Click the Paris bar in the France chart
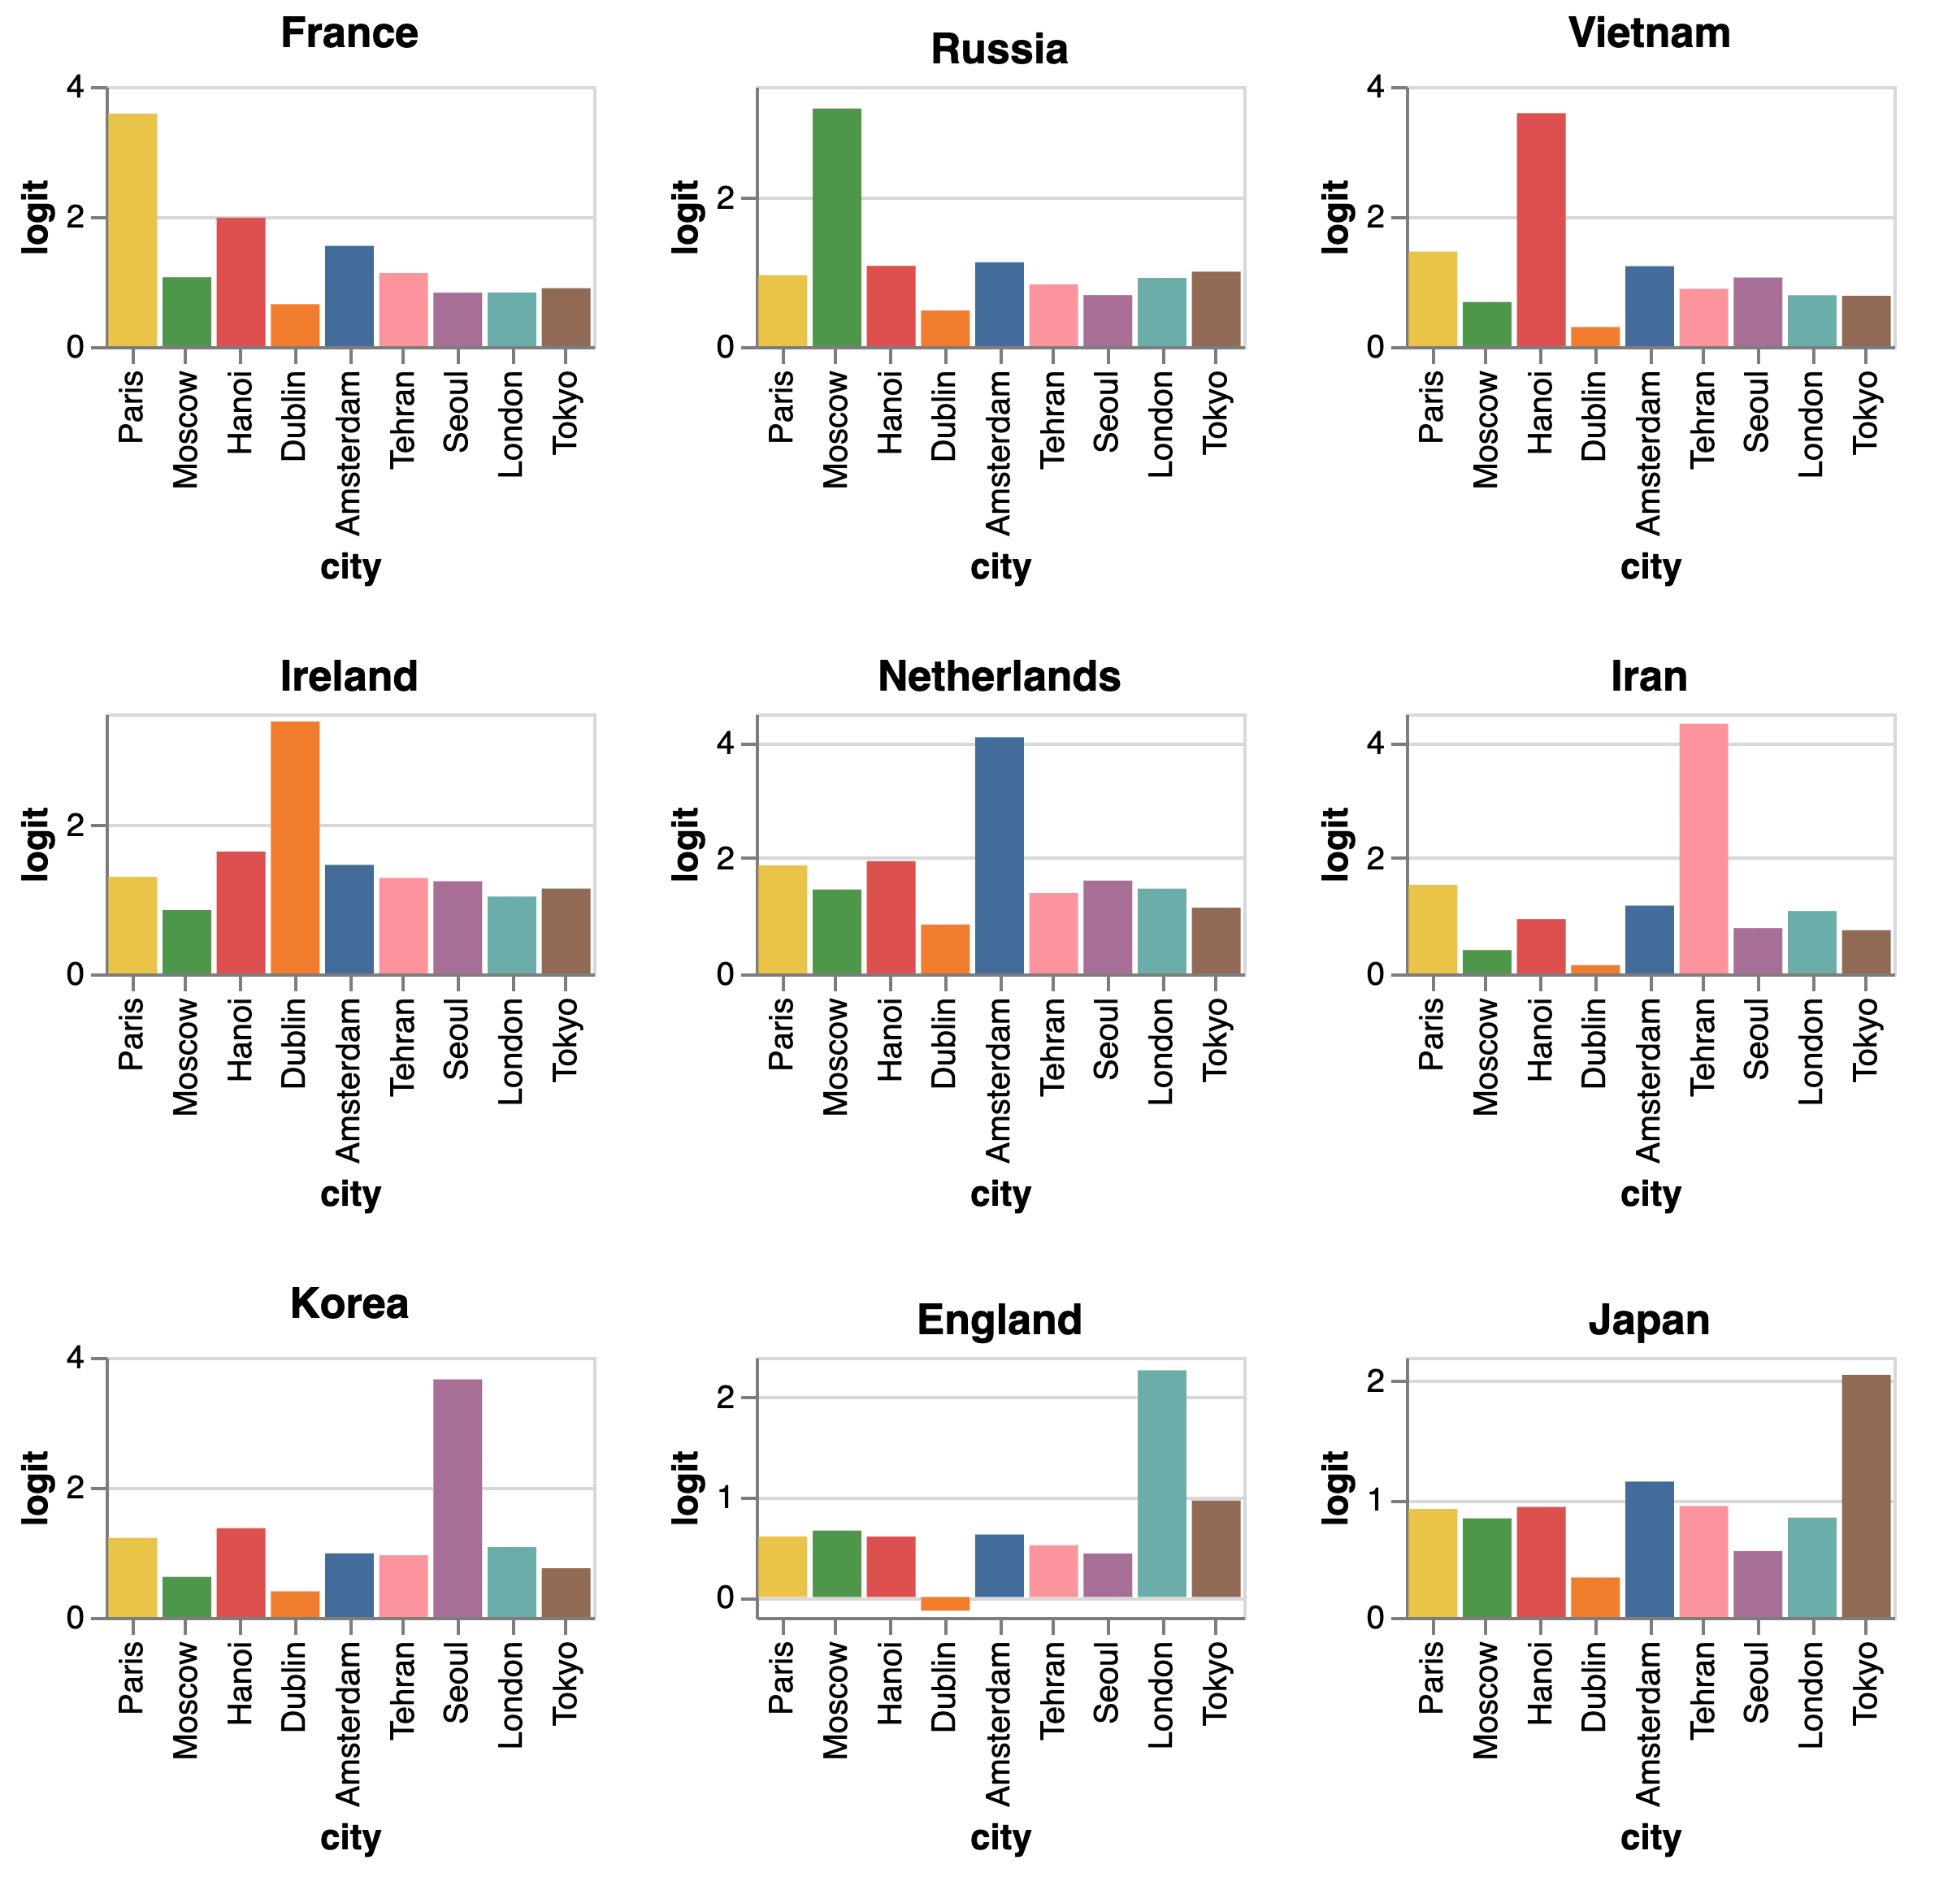[x=132, y=230]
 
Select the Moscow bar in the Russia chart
[x=836, y=228]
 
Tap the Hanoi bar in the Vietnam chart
[x=1541, y=230]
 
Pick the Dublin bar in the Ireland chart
[x=295, y=847]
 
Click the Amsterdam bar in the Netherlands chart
[x=999, y=856]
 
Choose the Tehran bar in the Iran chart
[x=1703, y=848]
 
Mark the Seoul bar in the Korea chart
[x=458, y=1498]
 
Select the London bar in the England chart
[x=1161, y=1484]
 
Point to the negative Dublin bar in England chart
[x=945, y=1604]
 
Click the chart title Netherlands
[x=999, y=677]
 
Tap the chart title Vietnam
[x=1649, y=34]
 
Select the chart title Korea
[x=349, y=1304]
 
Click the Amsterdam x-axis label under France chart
[x=349, y=453]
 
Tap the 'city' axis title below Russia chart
[x=1000, y=568]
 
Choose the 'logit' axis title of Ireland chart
[x=36, y=844]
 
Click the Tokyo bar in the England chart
[x=1216, y=1549]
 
